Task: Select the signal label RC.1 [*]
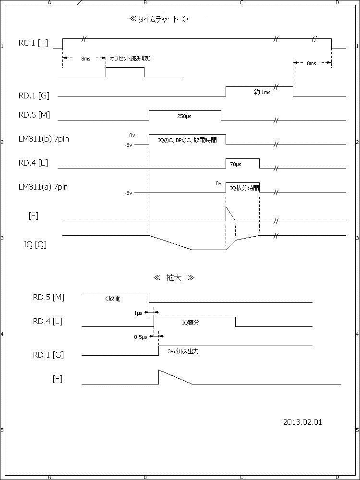(x=34, y=43)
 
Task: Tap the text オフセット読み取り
(x=131, y=59)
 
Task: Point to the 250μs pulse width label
(x=184, y=116)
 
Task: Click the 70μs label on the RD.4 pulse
(x=235, y=164)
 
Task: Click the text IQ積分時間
(x=244, y=188)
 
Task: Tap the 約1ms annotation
(x=262, y=92)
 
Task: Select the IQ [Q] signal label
(x=35, y=244)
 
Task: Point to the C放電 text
(x=112, y=299)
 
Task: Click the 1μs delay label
(x=138, y=313)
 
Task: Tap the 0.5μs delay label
(x=141, y=337)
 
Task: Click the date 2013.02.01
(x=302, y=422)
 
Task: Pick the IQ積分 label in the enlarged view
(x=191, y=323)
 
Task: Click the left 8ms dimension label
(x=85, y=58)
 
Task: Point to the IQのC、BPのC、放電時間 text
(x=187, y=140)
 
